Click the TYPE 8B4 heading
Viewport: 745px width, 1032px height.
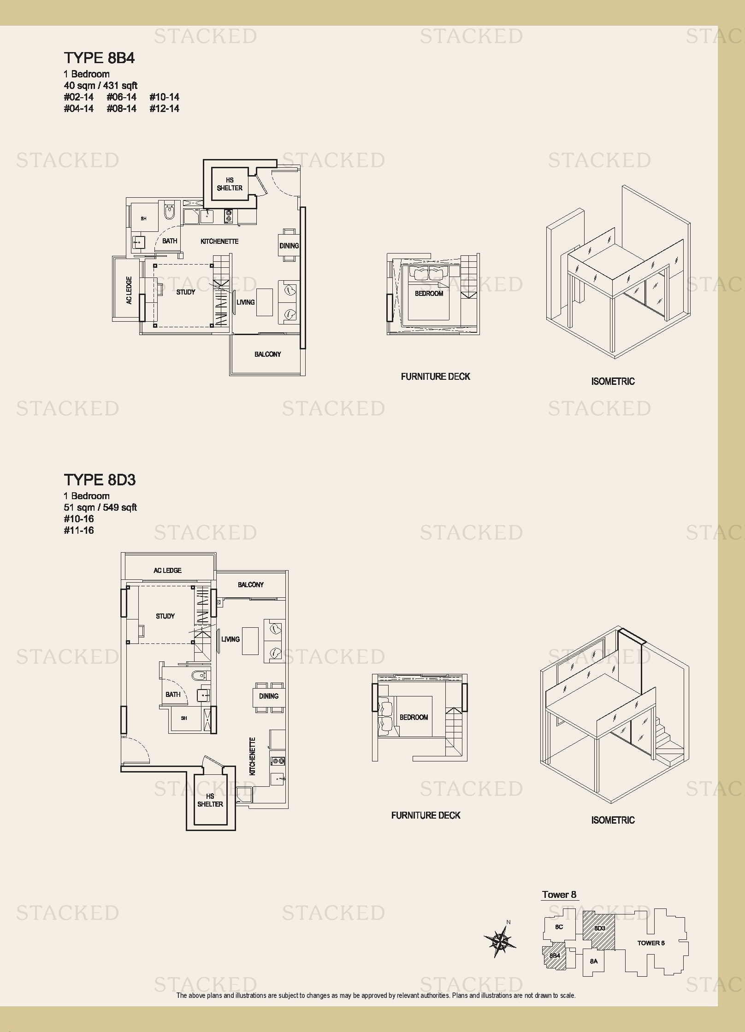(x=99, y=58)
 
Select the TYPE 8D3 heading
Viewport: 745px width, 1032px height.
(x=100, y=480)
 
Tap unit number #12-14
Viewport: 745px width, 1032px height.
(x=164, y=109)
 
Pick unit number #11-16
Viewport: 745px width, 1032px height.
(x=79, y=531)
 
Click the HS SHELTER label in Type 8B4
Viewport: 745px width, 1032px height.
(x=230, y=184)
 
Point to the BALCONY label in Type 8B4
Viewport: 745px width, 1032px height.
(x=267, y=354)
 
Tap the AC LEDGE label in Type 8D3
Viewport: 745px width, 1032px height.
(x=167, y=571)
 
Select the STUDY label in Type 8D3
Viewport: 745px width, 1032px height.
(x=165, y=616)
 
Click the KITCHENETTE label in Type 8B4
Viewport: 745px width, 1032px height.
(x=219, y=242)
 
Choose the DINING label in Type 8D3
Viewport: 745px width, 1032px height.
(x=269, y=696)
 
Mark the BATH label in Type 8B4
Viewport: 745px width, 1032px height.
(x=170, y=241)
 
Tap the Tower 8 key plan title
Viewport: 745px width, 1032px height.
(x=559, y=895)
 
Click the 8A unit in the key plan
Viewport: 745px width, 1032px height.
(x=594, y=961)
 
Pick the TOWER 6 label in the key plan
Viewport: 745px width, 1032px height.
(x=651, y=943)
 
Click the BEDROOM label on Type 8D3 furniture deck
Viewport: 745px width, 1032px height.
(x=414, y=718)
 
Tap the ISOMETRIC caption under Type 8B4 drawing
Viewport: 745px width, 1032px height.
(x=613, y=382)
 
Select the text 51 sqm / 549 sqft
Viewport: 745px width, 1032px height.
(x=101, y=507)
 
